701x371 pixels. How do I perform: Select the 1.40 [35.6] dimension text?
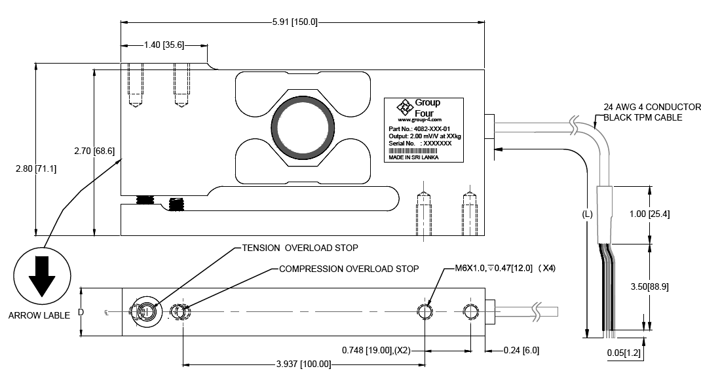[164, 45]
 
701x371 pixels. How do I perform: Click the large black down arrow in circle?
[43, 276]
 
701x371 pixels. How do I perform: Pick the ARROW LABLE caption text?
[39, 315]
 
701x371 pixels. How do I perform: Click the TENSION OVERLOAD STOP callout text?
[300, 248]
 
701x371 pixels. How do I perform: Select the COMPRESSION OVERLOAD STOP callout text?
[349, 269]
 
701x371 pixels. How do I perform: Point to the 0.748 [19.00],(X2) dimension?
[376, 350]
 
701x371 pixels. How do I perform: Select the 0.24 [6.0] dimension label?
[521, 350]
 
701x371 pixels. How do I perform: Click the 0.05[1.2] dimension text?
[624, 353]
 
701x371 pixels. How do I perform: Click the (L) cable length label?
[587, 214]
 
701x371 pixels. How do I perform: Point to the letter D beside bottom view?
[81, 312]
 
